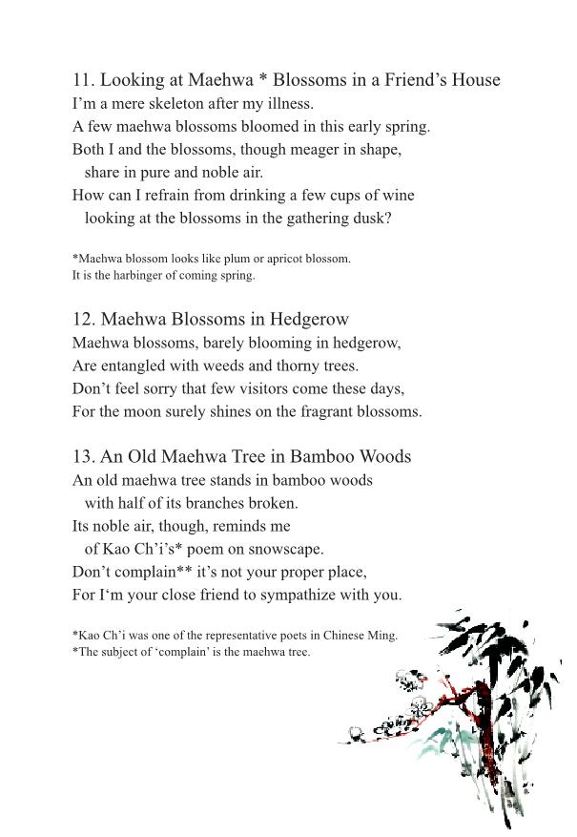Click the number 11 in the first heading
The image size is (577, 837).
(82, 80)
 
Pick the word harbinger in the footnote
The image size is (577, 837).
(142, 275)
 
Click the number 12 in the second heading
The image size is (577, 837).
(83, 319)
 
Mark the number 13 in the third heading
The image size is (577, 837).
(83, 456)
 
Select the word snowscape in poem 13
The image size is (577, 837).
(287, 549)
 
